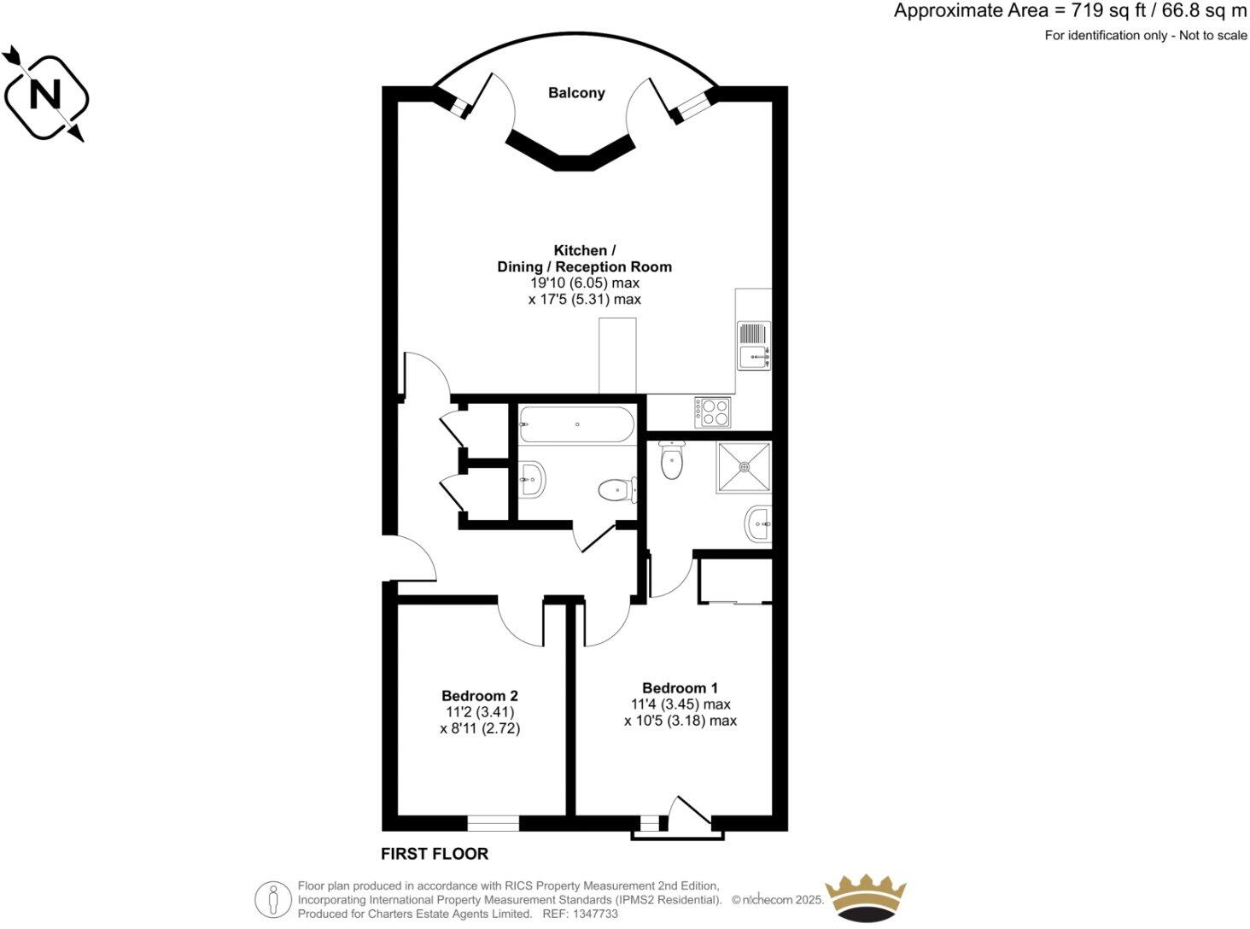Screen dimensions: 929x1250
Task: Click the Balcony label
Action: tap(576, 93)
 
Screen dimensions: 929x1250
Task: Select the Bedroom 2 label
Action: tap(480, 696)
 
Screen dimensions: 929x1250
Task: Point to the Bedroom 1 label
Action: tap(680, 688)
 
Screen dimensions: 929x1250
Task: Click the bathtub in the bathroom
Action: tap(577, 424)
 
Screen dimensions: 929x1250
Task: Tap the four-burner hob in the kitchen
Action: tap(713, 412)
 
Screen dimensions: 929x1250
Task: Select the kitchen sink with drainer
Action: tap(754, 346)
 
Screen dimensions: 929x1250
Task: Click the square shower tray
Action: tap(744, 467)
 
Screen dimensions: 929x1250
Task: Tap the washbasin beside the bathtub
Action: tap(531, 479)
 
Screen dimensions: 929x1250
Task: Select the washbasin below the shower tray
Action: tap(759, 523)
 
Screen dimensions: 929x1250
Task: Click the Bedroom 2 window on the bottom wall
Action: tap(493, 823)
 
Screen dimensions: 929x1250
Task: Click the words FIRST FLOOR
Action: tap(435, 854)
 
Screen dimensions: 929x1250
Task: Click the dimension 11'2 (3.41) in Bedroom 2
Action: tap(480, 712)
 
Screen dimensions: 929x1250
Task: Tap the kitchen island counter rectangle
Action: tap(618, 356)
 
